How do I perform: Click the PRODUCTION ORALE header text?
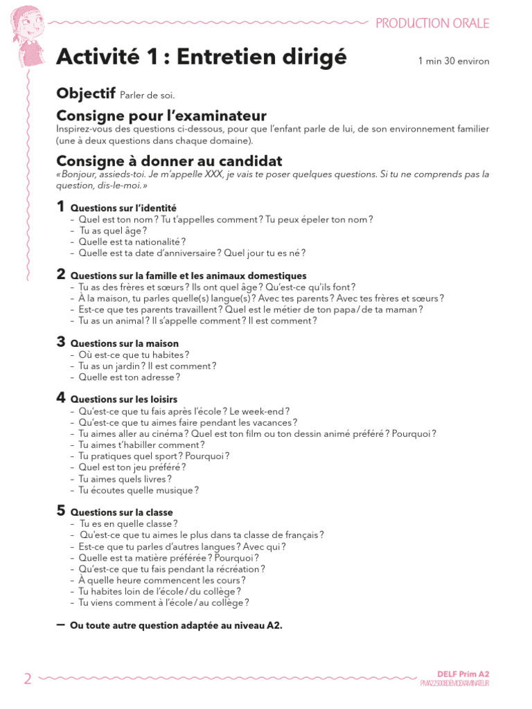[x=432, y=23]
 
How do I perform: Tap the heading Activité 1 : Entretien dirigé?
[x=201, y=57]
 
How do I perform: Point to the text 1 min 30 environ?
[x=454, y=62]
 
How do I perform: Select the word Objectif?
[x=86, y=93]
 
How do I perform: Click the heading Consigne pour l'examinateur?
[x=161, y=115]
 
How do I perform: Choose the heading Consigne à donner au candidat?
[x=169, y=161]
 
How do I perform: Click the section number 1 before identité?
[x=61, y=206]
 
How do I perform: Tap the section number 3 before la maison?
[x=61, y=341]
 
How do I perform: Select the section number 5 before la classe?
[x=61, y=510]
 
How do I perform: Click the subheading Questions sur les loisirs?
[x=124, y=400]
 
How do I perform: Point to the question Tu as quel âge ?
[x=114, y=231]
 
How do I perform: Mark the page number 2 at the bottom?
[x=28, y=679]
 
